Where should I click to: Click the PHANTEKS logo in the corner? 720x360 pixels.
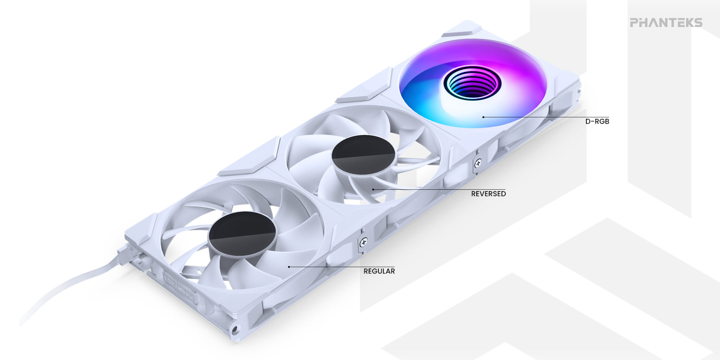click(666, 23)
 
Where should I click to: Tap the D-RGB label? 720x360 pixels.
click(597, 121)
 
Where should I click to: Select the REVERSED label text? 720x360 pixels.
click(488, 194)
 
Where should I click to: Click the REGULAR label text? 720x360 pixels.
click(379, 271)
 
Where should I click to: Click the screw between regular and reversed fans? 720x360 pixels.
click(363, 242)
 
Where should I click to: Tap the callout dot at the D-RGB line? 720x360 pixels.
click(483, 117)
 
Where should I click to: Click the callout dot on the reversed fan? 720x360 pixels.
click(373, 189)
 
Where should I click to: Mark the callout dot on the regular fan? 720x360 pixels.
click(289, 267)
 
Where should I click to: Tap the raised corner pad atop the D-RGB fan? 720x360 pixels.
click(462, 29)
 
